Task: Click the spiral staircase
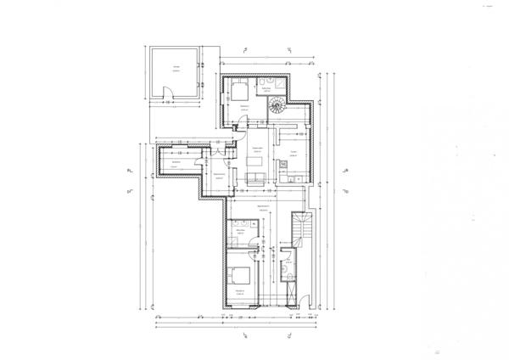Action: point(277,106)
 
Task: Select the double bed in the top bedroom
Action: point(239,91)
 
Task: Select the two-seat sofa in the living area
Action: point(257,177)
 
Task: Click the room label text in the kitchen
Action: point(293,153)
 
